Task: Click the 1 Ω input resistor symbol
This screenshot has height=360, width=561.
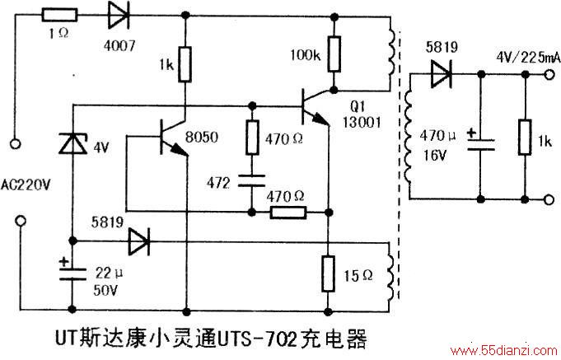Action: (60, 15)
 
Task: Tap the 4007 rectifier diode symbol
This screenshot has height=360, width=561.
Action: (119, 15)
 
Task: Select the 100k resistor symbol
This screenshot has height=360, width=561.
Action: (334, 54)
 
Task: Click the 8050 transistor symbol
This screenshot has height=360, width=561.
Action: (175, 138)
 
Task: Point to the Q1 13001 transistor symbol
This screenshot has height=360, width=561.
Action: (316, 106)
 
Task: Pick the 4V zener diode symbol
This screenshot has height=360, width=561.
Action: (73, 143)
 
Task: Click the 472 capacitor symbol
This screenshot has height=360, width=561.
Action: (252, 180)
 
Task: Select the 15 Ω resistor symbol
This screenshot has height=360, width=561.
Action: (328, 274)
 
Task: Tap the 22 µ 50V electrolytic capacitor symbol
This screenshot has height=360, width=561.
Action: (72, 274)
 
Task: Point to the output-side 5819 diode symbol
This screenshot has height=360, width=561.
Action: (442, 74)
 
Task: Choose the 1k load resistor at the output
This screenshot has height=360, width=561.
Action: (525, 138)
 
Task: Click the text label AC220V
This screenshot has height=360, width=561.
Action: (26, 185)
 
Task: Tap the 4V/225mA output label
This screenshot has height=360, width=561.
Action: (528, 58)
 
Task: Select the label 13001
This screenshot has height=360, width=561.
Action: (362, 123)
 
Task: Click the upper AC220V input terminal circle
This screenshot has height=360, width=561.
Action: (15, 144)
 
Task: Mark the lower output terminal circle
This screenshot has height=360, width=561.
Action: (549, 199)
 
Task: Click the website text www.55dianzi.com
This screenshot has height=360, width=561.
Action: (504, 351)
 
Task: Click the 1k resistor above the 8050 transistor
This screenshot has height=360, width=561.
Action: (185, 64)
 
